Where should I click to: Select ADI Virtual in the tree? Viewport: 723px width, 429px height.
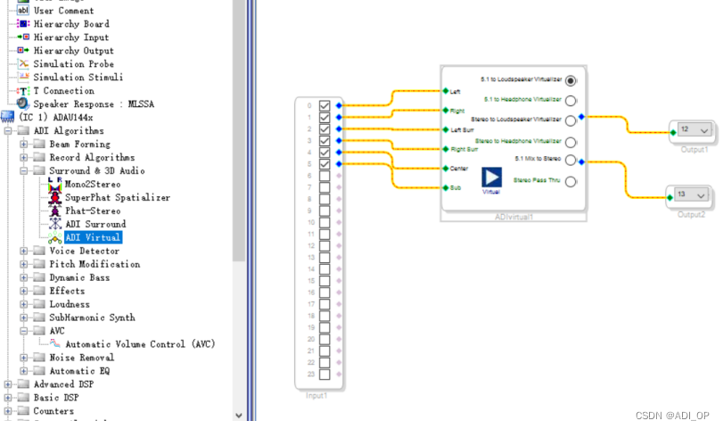tap(93, 237)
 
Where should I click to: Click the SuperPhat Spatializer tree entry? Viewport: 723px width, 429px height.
tap(106, 197)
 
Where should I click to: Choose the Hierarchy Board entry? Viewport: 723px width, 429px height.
tap(71, 24)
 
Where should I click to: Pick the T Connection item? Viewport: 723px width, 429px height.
tap(63, 91)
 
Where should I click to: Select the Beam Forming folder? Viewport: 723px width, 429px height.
tap(79, 144)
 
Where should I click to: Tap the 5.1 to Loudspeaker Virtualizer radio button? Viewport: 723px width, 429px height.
tap(571, 80)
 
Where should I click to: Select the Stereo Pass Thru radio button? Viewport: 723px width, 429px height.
tap(571, 181)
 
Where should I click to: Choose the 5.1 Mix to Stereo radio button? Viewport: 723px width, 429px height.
tap(571, 161)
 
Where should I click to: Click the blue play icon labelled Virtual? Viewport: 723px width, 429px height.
tap(492, 177)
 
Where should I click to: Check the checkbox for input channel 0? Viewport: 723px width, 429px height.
tap(325, 105)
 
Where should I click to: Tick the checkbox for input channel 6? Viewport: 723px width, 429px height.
tap(325, 176)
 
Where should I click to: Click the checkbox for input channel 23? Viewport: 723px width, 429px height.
tap(325, 374)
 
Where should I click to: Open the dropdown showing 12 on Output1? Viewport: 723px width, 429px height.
tap(704, 131)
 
